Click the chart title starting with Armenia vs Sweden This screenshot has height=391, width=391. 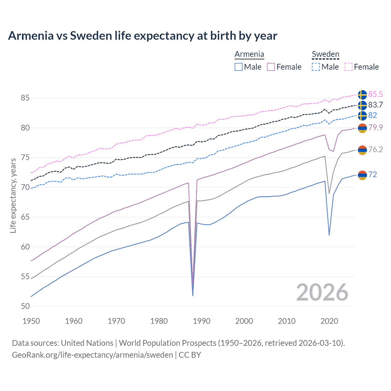click(142, 36)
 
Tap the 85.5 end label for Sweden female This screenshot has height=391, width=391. click(375, 94)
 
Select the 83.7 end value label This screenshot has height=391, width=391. click(375, 105)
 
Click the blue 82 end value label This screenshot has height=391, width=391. click(372, 115)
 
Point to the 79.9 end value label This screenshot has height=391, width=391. click(375, 127)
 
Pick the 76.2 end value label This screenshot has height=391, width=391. click(375, 149)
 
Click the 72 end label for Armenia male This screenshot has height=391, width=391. click(372, 174)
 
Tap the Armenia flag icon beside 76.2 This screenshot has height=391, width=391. click(362, 150)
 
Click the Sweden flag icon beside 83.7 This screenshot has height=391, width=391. click(362, 105)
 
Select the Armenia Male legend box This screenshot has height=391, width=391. click(239, 67)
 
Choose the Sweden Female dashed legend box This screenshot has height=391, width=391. click(349, 67)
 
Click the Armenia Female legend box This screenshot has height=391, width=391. click(271, 67)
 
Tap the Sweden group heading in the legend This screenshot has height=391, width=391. click(325, 54)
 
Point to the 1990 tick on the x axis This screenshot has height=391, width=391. click(202, 321)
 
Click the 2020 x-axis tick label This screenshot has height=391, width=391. click(329, 321)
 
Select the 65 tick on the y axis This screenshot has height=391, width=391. click(25, 217)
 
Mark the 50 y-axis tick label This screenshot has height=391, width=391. click(25, 306)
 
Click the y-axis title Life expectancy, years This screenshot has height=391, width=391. click(13, 195)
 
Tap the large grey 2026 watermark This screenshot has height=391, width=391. click(322, 292)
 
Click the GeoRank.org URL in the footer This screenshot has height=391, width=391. click(92, 355)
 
